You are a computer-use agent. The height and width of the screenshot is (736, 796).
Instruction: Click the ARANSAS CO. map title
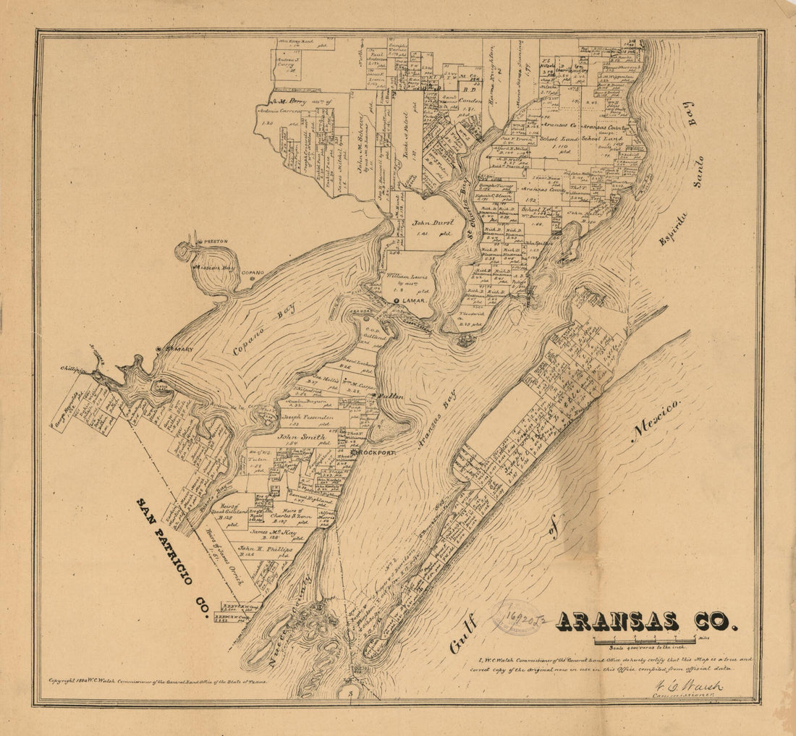pos(646,622)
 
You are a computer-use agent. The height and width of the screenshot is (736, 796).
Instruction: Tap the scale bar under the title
pos(644,640)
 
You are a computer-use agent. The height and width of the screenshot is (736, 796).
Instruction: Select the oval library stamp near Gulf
pos(517,617)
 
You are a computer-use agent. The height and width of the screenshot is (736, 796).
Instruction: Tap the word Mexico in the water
pos(656,420)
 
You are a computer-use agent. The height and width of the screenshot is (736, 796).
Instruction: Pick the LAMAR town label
pos(415,300)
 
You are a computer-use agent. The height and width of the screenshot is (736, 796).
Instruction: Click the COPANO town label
pos(253,274)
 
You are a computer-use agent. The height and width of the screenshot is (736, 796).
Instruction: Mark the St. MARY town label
pos(179,350)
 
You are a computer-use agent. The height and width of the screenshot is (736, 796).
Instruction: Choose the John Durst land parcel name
pos(433,223)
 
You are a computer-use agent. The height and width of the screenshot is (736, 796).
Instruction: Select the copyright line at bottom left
pos(157,681)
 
